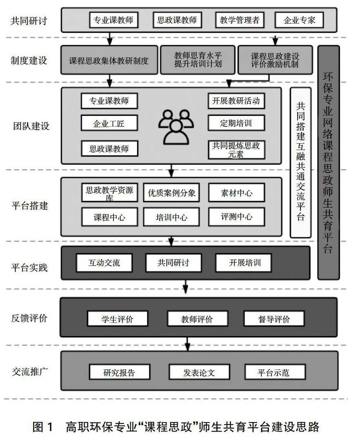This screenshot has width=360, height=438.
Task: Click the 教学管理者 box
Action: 240,20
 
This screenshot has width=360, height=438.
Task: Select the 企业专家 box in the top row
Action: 299,20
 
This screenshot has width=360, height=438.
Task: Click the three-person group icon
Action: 176,126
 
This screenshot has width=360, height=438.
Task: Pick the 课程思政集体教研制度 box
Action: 109,60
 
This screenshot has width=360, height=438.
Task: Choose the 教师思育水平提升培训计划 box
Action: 198,60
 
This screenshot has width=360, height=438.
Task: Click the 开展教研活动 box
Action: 236,101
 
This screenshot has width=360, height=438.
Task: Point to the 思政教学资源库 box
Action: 109,193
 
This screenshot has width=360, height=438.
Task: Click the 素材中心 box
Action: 236,193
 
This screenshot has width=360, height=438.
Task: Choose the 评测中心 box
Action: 236,217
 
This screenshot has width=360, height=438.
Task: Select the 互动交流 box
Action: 104,263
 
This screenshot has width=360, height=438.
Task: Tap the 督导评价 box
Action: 274,319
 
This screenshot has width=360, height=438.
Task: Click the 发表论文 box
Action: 198,372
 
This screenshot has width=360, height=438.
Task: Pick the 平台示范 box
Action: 274,372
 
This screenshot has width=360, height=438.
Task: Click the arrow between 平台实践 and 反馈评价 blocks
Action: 186,287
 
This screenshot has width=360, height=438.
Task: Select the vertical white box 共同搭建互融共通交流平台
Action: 300,162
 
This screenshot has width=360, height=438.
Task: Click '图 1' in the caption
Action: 42,427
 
